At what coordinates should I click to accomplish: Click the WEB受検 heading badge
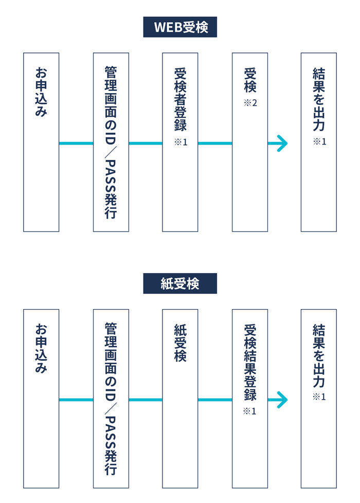(x=180, y=27)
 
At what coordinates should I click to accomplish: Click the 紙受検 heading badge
(x=180, y=283)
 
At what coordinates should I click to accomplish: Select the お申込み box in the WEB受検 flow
(x=41, y=142)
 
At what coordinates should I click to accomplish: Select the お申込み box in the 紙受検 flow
(x=41, y=399)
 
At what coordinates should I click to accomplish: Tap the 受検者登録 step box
(x=180, y=142)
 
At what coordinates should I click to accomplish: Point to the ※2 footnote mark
(x=250, y=103)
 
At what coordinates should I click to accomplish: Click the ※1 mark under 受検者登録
(x=181, y=142)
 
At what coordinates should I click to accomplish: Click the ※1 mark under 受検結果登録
(x=249, y=411)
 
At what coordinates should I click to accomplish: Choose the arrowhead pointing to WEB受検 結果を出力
(x=282, y=143)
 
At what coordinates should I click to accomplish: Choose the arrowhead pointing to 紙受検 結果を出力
(x=282, y=400)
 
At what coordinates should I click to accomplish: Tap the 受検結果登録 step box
(x=250, y=399)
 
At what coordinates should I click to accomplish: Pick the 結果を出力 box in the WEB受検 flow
(x=319, y=142)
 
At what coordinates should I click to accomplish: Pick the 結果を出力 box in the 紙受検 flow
(x=319, y=399)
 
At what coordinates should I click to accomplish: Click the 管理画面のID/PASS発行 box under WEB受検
(x=111, y=142)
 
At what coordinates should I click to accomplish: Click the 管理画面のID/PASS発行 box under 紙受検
(x=111, y=399)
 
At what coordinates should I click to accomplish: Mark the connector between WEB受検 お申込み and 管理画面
(x=76, y=143)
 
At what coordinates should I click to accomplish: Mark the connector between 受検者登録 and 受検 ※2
(x=215, y=143)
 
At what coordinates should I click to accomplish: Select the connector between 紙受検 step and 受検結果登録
(x=215, y=400)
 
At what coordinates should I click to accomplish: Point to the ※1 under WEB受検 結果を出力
(x=319, y=141)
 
